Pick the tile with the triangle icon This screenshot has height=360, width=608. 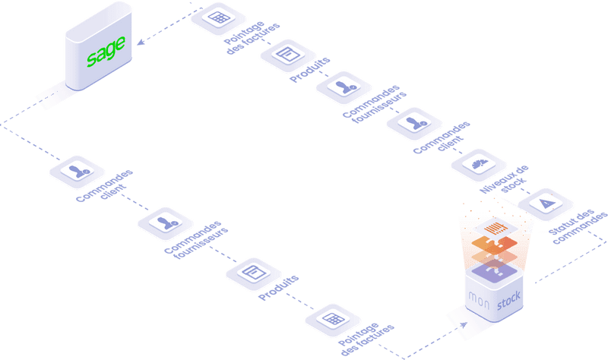coord(545,203)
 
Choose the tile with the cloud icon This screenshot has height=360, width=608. coord(479,163)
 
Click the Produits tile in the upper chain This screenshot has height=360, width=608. coord(287,54)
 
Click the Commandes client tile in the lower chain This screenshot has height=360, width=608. coord(77,171)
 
